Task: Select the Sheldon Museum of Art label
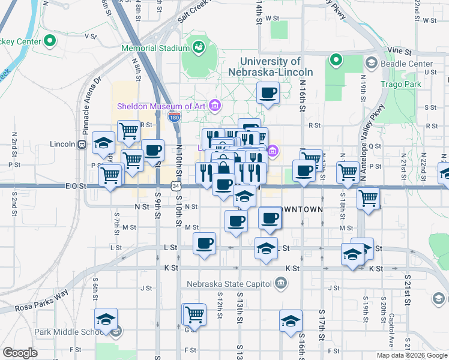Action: (161, 106)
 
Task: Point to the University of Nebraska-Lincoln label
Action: (271, 66)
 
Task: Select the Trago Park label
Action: (400, 83)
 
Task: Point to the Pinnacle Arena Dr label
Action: (90, 96)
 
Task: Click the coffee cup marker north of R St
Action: (268, 93)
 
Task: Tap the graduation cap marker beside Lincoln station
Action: (104, 143)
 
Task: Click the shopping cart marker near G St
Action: (194, 314)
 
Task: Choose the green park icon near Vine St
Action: (336, 60)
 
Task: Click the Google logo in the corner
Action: (20, 353)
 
